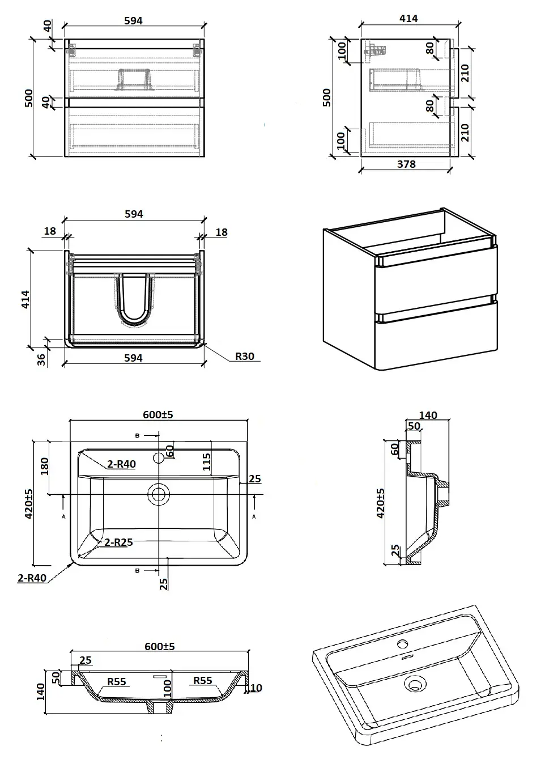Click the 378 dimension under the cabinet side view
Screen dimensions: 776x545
[x=406, y=164]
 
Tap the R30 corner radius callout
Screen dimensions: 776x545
[x=245, y=357]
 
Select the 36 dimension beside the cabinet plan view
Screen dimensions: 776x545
[x=41, y=359]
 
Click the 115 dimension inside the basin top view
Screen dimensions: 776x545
[x=207, y=462]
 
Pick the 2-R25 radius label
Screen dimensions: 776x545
[x=118, y=542]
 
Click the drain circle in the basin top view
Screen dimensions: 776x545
[x=159, y=494]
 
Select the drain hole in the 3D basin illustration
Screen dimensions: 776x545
[x=415, y=684]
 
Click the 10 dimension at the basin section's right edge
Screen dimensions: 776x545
[x=256, y=688]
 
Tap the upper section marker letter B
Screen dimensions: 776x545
[x=137, y=435]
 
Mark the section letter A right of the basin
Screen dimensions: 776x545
[x=254, y=516]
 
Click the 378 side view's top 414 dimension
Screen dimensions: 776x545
[x=408, y=19]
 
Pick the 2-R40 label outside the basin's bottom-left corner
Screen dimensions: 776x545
[x=32, y=579]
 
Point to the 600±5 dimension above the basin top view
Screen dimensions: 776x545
[x=158, y=414]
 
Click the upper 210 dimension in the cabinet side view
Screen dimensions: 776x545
[x=465, y=73]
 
